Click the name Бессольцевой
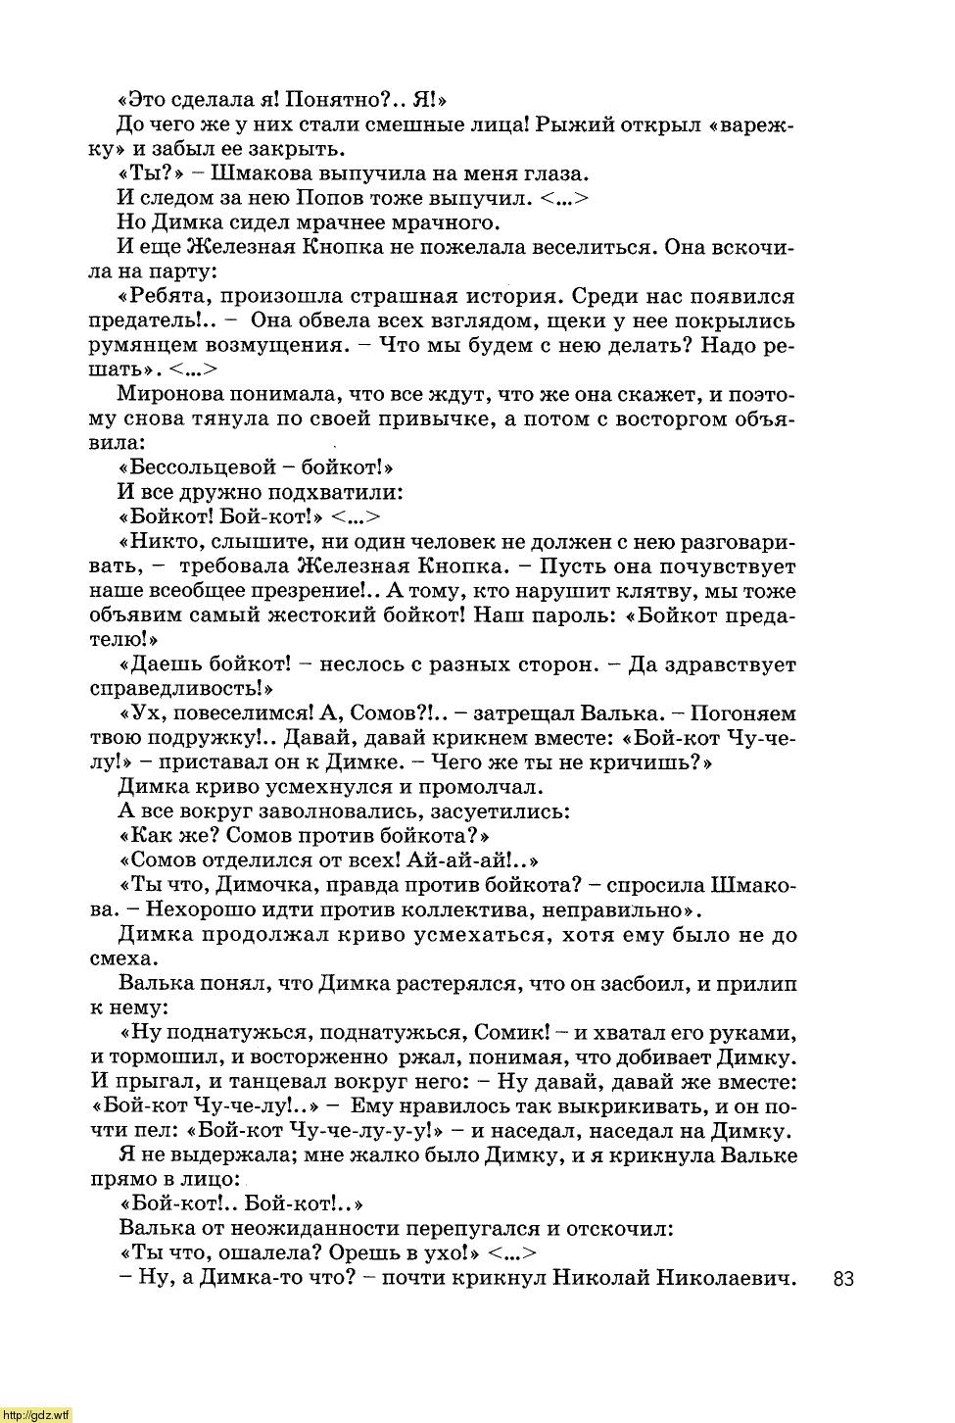click(x=197, y=468)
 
